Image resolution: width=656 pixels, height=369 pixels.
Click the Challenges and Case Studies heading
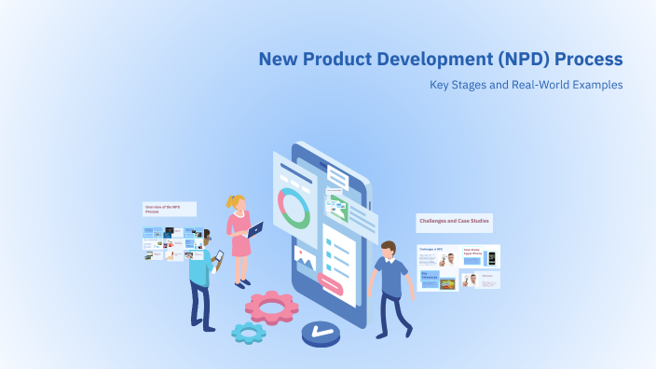pos(454,223)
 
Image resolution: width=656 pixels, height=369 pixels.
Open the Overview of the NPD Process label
pos(168,210)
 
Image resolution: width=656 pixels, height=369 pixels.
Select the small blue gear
pos(249,332)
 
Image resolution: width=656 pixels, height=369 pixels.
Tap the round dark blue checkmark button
pos(321,331)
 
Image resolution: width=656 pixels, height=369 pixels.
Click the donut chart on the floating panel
pos(294,208)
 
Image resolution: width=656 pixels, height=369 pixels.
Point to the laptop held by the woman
pos(254,227)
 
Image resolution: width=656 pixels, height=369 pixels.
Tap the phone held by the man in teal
pos(219,255)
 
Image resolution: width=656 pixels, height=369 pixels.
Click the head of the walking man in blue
pos(388,252)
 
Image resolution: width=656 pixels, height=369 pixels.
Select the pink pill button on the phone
pos(331,281)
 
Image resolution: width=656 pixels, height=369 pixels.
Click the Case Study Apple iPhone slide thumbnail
pos(481,256)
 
